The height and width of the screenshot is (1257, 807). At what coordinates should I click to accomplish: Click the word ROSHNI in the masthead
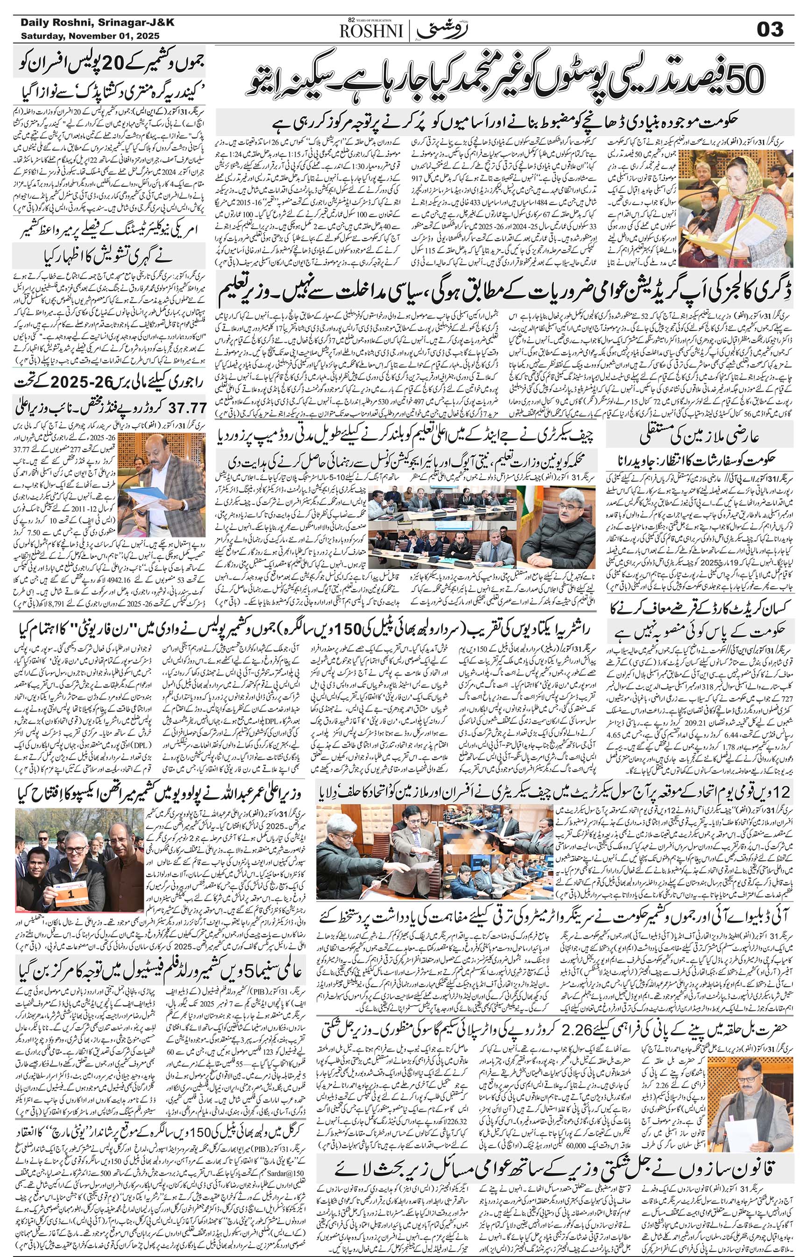click(371, 32)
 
